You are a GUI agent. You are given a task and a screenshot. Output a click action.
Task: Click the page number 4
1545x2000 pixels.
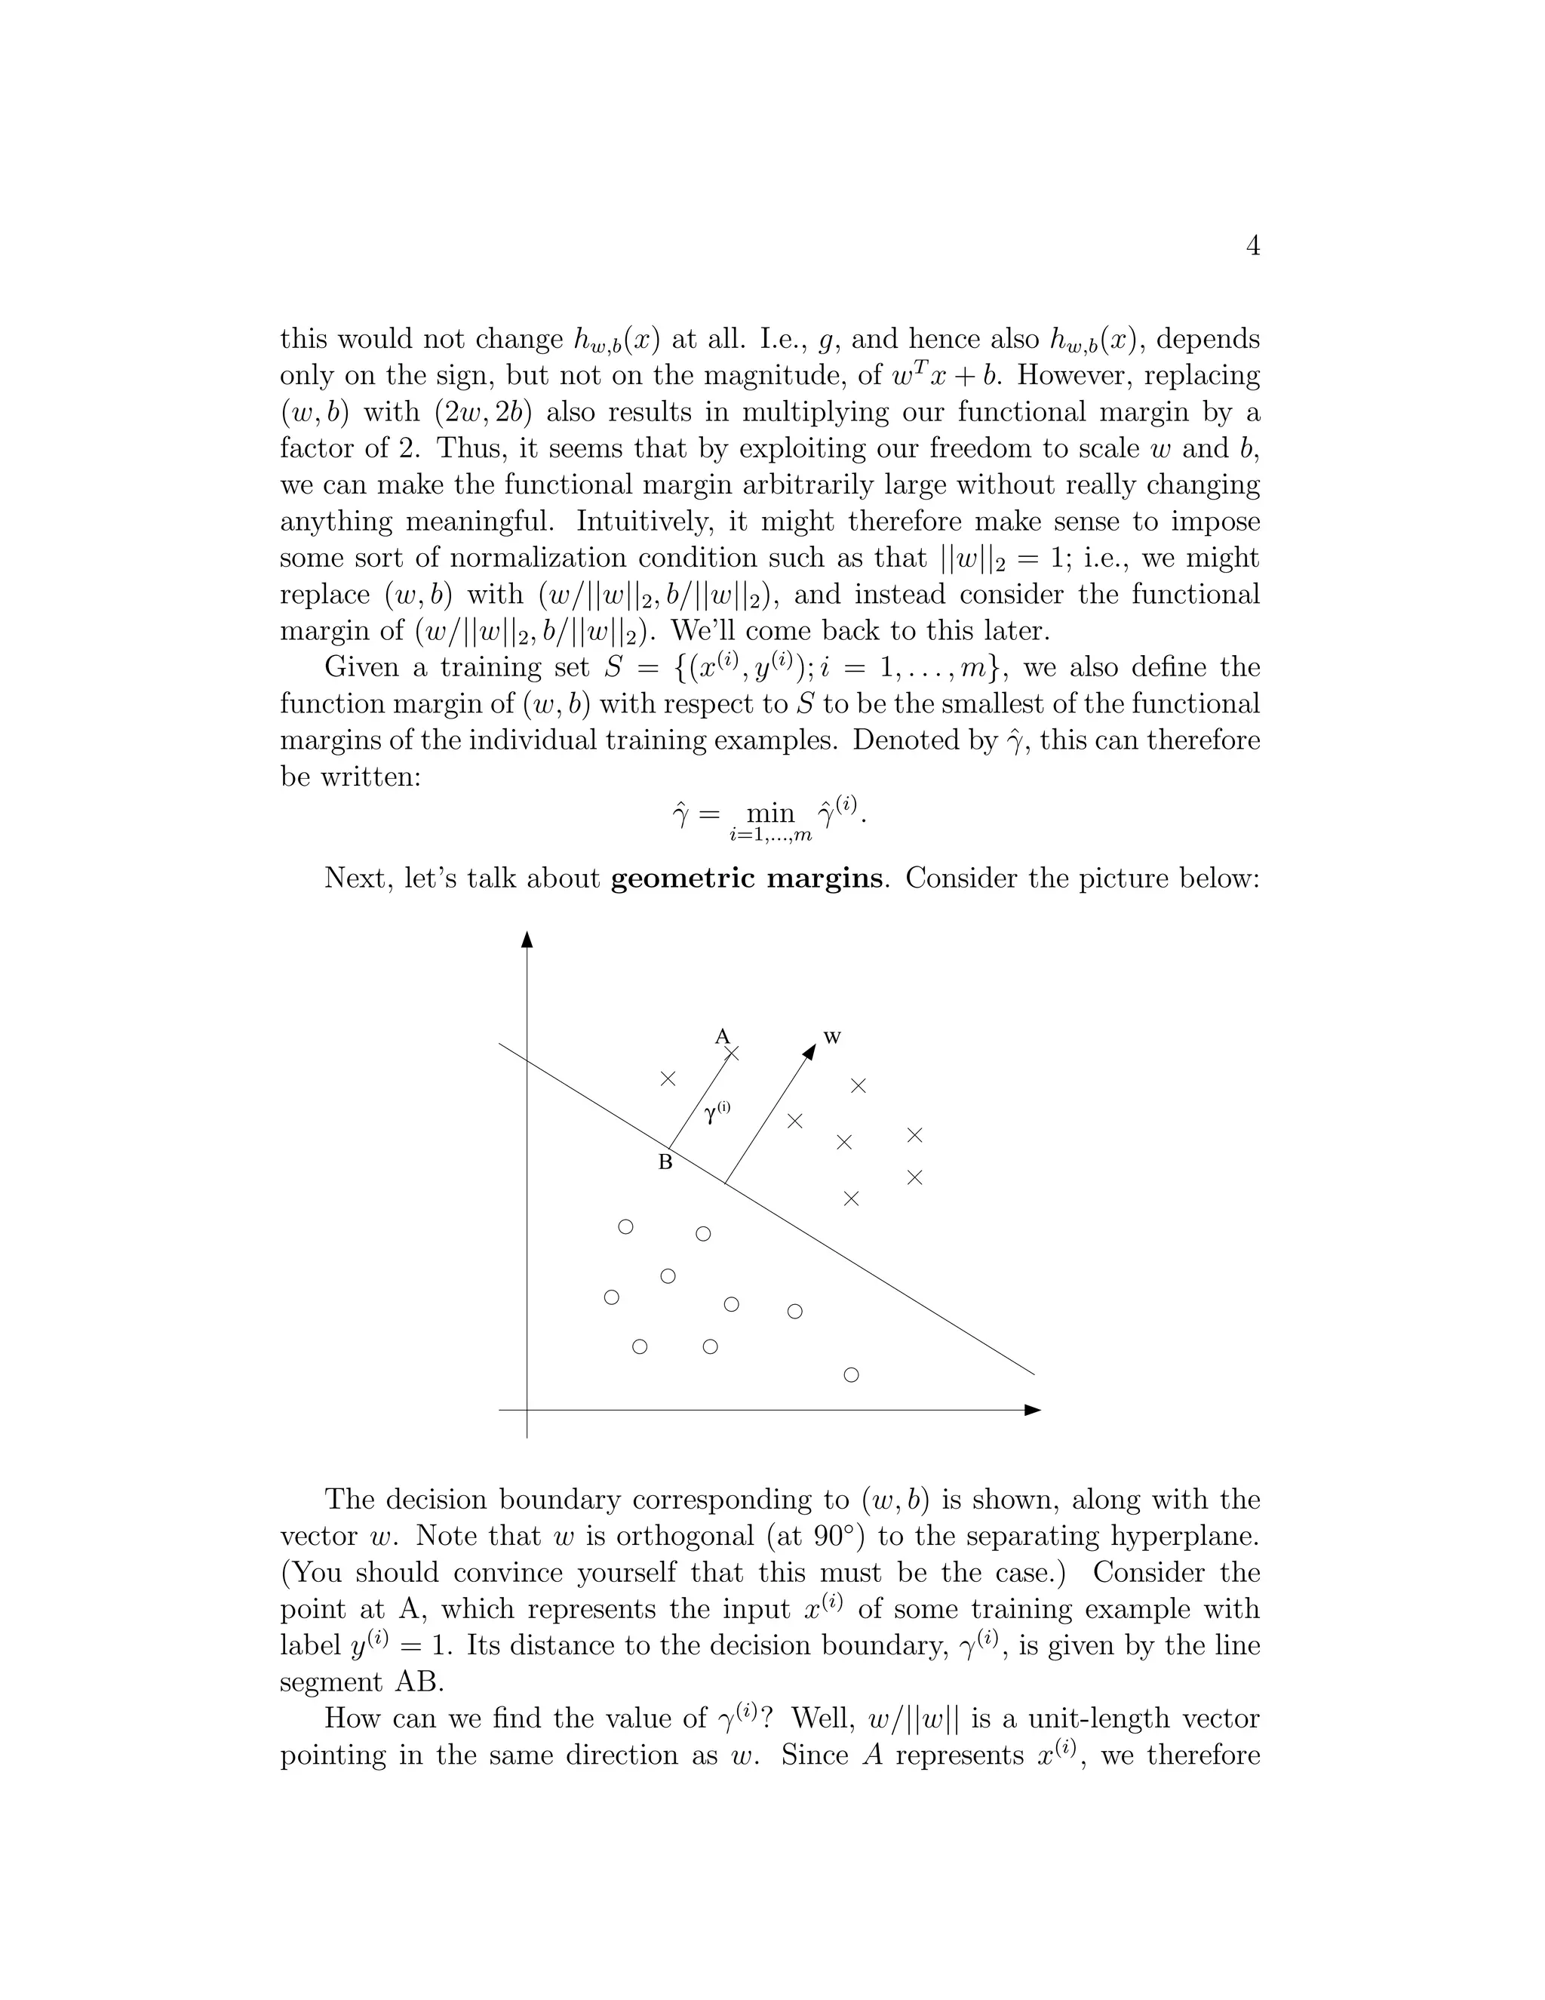[x=1253, y=246]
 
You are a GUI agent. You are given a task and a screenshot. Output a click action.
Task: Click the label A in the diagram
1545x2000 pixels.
[x=721, y=1035]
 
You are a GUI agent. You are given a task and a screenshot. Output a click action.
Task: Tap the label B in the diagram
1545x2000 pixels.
[x=665, y=1163]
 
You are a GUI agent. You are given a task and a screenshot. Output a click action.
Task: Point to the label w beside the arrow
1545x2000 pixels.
[x=832, y=1037]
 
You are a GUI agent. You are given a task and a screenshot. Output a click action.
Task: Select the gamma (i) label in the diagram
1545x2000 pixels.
[x=717, y=1112]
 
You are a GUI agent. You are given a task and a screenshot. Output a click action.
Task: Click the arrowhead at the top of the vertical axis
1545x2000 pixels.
[x=527, y=940]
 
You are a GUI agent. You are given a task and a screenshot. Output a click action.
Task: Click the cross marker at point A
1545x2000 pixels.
[x=731, y=1054]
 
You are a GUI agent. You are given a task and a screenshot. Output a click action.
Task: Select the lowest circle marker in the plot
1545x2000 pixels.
[x=851, y=1374]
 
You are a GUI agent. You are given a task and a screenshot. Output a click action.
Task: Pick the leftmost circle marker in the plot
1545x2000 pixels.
[x=611, y=1297]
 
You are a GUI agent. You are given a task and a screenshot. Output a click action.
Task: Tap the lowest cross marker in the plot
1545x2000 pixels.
[x=851, y=1198]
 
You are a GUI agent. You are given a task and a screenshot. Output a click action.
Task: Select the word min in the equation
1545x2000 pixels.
[x=771, y=813]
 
